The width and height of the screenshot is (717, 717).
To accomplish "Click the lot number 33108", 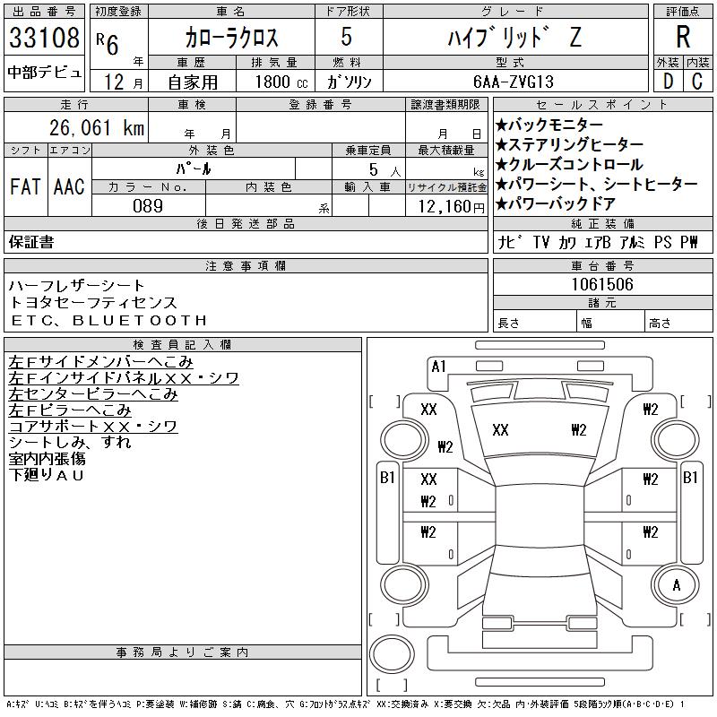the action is [x=44, y=37].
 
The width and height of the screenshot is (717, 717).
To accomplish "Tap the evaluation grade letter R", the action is [x=683, y=37].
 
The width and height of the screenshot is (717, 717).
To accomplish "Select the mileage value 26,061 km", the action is [x=97, y=127].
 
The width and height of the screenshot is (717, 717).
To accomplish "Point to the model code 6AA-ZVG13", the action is [x=514, y=82].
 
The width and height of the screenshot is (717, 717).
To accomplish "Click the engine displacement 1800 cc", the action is [x=281, y=82].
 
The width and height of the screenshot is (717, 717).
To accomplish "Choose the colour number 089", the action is [x=148, y=206].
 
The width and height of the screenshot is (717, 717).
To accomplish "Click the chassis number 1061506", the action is [x=602, y=284].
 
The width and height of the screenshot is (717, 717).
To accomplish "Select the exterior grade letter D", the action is [x=668, y=82].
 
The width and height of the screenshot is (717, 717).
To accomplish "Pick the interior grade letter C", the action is [x=697, y=82].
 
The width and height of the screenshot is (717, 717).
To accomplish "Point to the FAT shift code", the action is [x=25, y=186].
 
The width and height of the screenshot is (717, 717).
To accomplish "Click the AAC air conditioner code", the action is [x=69, y=186].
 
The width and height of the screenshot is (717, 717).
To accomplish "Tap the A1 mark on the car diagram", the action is [x=438, y=367].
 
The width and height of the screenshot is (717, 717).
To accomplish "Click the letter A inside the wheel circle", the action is [x=677, y=585].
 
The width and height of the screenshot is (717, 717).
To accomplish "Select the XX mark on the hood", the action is [x=500, y=430].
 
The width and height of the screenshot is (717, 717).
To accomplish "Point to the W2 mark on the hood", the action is [x=578, y=430].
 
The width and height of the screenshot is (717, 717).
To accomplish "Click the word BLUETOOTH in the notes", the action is [x=140, y=320].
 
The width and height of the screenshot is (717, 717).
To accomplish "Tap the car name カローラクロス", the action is [x=231, y=37].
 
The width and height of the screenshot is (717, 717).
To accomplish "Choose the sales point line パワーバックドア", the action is [x=556, y=203].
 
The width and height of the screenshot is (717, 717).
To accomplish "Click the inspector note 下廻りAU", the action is [x=47, y=475].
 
